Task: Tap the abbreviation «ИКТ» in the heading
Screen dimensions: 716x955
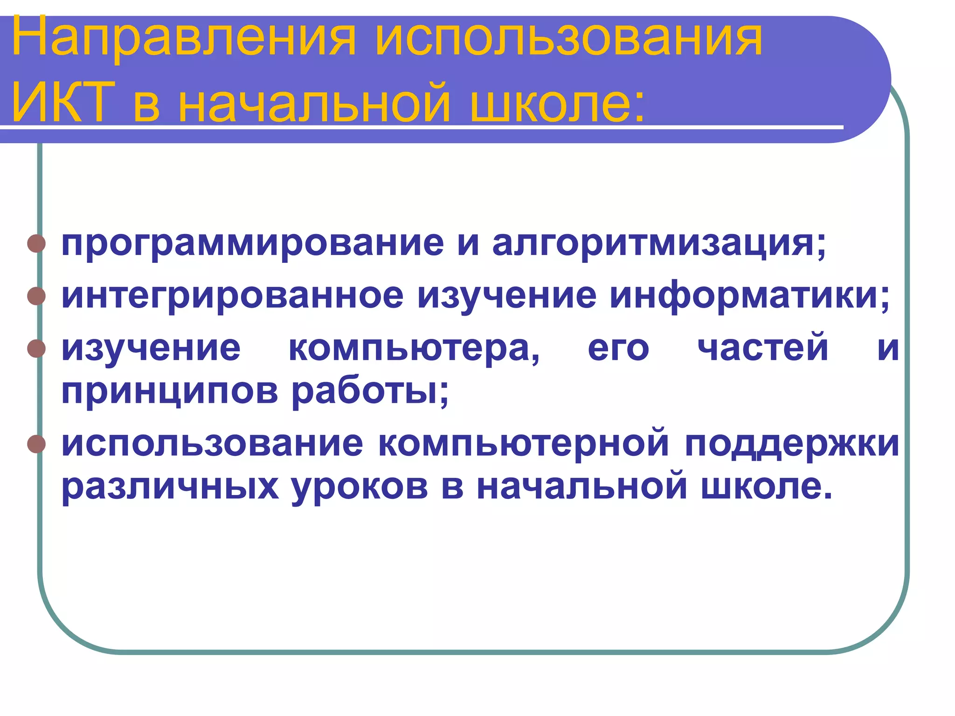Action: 63,102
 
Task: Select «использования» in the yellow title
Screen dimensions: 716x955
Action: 568,38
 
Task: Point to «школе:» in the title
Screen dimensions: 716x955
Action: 558,102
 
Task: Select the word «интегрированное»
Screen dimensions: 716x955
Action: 232,296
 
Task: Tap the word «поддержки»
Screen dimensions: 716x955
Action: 792,444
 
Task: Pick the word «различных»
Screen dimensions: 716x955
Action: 170,487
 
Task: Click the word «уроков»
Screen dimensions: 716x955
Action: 360,487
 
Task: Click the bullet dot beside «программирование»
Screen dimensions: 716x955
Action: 36,244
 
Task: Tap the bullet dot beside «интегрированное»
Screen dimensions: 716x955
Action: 36,296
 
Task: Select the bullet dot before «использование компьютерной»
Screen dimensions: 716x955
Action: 36,444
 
